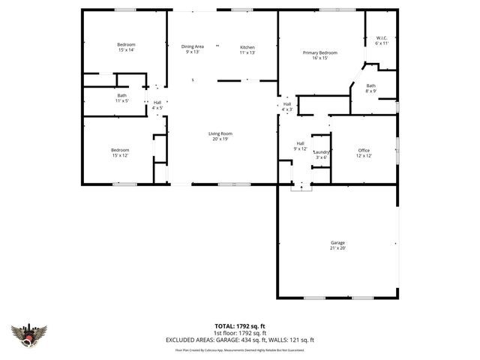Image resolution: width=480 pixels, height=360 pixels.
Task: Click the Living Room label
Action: click(x=220, y=136)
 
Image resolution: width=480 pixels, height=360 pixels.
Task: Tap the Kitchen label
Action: click(x=247, y=49)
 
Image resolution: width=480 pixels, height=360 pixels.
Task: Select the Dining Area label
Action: click(x=193, y=49)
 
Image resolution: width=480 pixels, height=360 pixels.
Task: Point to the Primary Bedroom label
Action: click(x=320, y=55)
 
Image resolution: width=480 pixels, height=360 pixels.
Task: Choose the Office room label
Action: click(x=364, y=152)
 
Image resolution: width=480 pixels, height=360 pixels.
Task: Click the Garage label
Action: click(x=338, y=245)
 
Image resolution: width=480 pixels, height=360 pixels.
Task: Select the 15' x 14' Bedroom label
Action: click(x=126, y=47)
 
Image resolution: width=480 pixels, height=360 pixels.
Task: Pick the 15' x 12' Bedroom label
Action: click(x=121, y=152)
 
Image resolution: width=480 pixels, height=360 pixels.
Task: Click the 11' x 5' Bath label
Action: click(x=122, y=97)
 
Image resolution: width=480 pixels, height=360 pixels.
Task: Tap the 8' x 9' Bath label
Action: click(x=370, y=88)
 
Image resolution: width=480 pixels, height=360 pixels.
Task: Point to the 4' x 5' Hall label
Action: click(x=157, y=105)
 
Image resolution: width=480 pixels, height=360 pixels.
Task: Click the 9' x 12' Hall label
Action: click(x=300, y=145)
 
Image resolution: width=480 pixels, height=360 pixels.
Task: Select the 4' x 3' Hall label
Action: click(x=287, y=106)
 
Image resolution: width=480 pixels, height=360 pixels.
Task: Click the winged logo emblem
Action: click(x=29, y=334)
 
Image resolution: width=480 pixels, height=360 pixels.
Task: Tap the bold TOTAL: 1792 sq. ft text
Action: click(x=240, y=326)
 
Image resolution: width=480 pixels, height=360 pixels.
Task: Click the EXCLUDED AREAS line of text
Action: click(x=240, y=340)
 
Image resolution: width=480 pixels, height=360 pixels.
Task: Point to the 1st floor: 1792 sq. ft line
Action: click(x=240, y=333)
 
